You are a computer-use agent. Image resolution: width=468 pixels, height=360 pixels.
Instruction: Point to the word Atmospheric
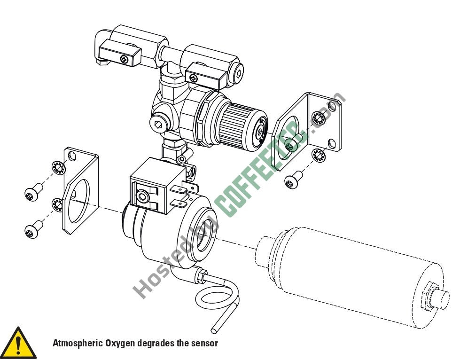pyautogui.click(x=78, y=343)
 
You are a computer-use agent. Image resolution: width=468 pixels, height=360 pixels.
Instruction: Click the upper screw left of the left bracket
pyautogui.click(x=33, y=192)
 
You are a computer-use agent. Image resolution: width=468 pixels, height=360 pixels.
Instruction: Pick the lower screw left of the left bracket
pyautogui.click(x=33, y=229)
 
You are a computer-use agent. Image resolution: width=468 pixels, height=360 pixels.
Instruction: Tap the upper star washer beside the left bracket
pyautogui.click(x=58, y=168)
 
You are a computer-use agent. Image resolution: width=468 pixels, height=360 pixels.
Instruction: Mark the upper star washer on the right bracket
pyautogui.click(x=318, y=118)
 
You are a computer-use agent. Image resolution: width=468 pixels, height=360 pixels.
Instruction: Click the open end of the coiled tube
pyautogui.click(x=214, y=330)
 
